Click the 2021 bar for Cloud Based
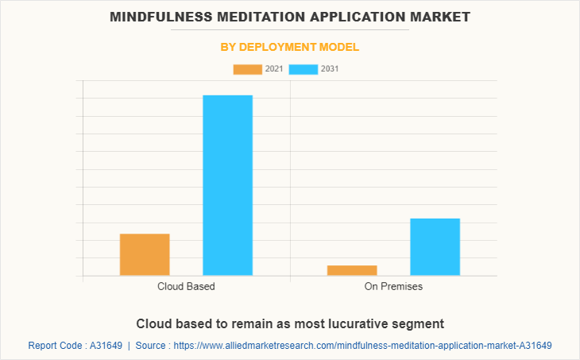[x=145, y=254]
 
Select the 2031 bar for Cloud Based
[x=227, y=185]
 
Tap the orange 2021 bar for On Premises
[x=352, y=270]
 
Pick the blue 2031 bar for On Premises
[x=435, y=247]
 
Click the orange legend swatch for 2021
[x=247, y=69]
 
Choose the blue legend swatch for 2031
[x=304, y=69]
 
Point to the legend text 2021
[x=274, y=69]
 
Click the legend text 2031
[x=331, y=69]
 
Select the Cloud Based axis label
[x=186, y=286]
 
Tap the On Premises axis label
[x=393, y=286]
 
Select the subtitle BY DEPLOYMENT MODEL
[x=290, y=47]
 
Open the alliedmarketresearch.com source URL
[x=362, y=346]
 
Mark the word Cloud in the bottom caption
[x=153, y=323]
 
